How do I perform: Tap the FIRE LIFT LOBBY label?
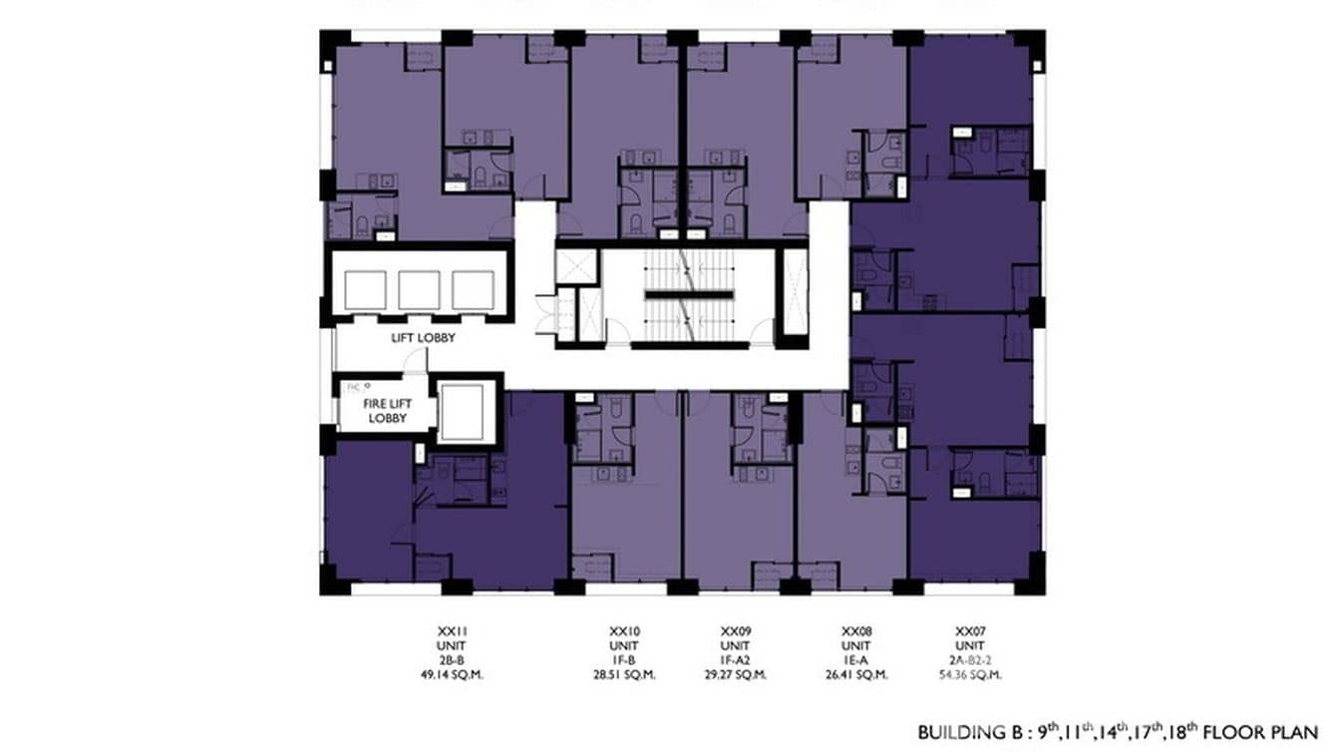click(388, 411)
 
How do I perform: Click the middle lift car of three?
click(419, 290)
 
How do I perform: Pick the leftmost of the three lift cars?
click(365, 290)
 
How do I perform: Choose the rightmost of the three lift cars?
click(473, 290)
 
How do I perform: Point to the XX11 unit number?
click(453, 631)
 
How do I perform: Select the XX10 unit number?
click(624, 631)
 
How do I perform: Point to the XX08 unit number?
click(857, 631)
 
